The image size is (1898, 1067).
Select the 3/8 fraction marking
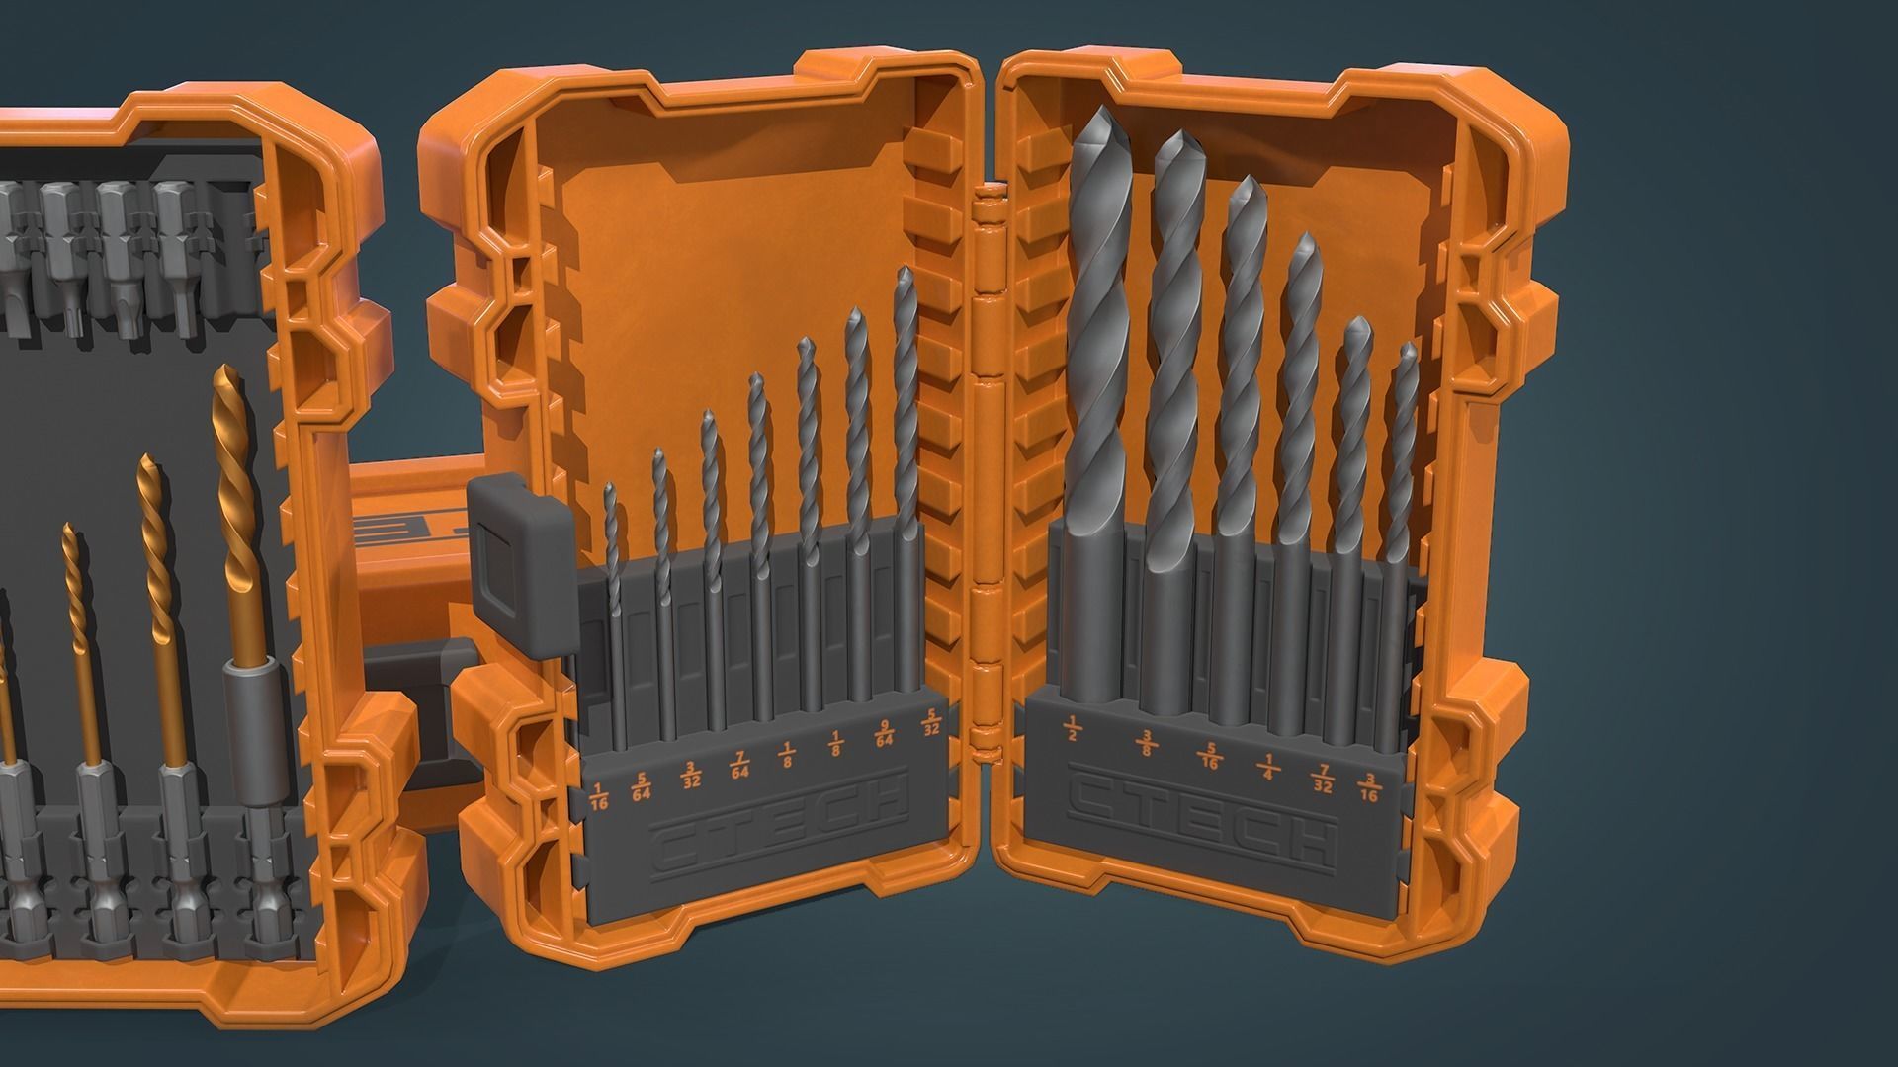pos(1148,741)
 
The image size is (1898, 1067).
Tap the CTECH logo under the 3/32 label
pos(781,821)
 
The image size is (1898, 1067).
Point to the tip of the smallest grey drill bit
pos(610,486)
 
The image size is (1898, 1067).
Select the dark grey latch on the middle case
pos(518,568)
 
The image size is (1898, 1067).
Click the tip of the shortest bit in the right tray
pos(1409,348)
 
